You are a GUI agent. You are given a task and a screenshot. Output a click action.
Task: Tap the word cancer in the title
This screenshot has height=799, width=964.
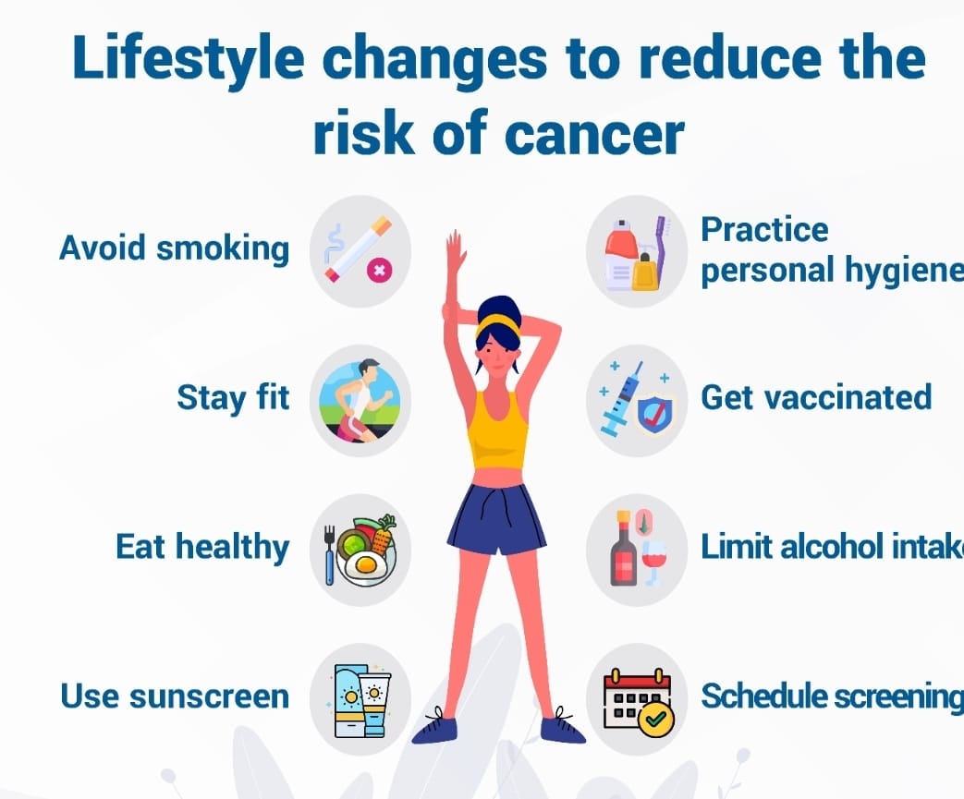[594, 133]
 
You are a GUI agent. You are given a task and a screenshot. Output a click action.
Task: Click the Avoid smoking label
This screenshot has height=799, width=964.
[174, 248]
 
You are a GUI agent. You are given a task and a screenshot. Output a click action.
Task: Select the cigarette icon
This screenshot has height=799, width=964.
[358, 248]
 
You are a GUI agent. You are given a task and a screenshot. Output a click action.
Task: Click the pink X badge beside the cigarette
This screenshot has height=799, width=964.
[379, 270]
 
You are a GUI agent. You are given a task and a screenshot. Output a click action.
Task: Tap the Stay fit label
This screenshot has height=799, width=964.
[233, 398]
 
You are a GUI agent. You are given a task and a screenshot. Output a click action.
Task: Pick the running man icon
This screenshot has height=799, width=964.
[360, 401]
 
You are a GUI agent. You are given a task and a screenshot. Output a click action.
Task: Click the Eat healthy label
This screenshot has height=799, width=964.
[202, 547]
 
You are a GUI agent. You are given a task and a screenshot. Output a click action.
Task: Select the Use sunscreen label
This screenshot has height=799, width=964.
[175, 696]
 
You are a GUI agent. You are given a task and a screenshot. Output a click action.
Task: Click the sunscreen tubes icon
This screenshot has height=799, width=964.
[362, 701]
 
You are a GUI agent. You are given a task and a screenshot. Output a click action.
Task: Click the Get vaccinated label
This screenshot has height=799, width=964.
[816, 398]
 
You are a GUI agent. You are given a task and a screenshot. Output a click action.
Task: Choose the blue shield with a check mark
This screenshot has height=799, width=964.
[654, 414]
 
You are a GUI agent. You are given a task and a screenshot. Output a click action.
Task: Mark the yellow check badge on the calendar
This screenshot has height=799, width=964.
[656, 719]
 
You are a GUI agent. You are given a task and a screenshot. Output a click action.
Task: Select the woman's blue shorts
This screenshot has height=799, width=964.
[496, 519]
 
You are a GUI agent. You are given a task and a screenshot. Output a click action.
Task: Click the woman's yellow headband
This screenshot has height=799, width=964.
[498, 324]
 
